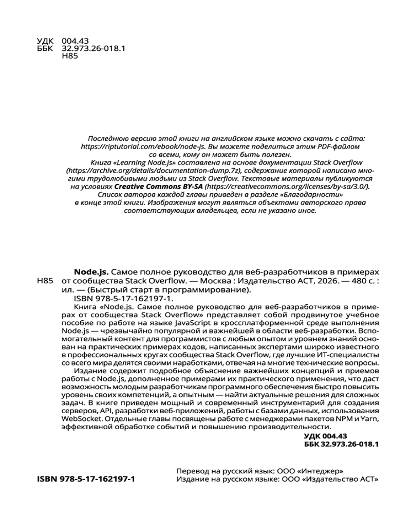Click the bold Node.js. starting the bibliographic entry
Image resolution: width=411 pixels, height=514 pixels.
(91, 271)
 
